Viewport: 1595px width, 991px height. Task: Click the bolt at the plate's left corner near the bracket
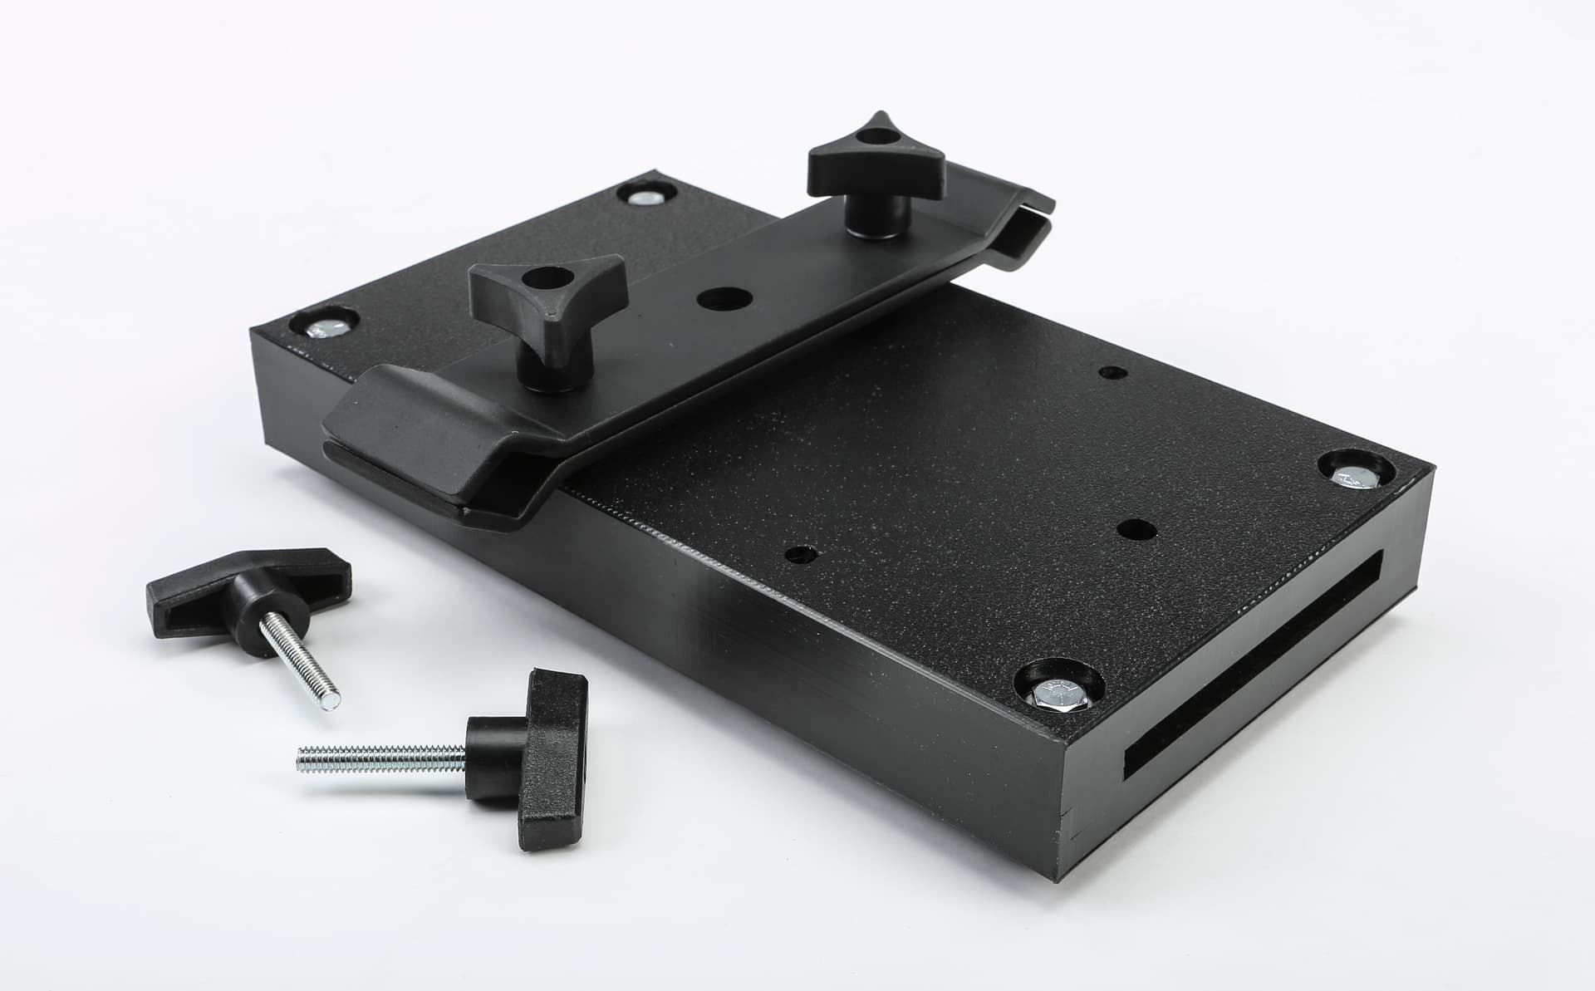coord(326,326)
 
